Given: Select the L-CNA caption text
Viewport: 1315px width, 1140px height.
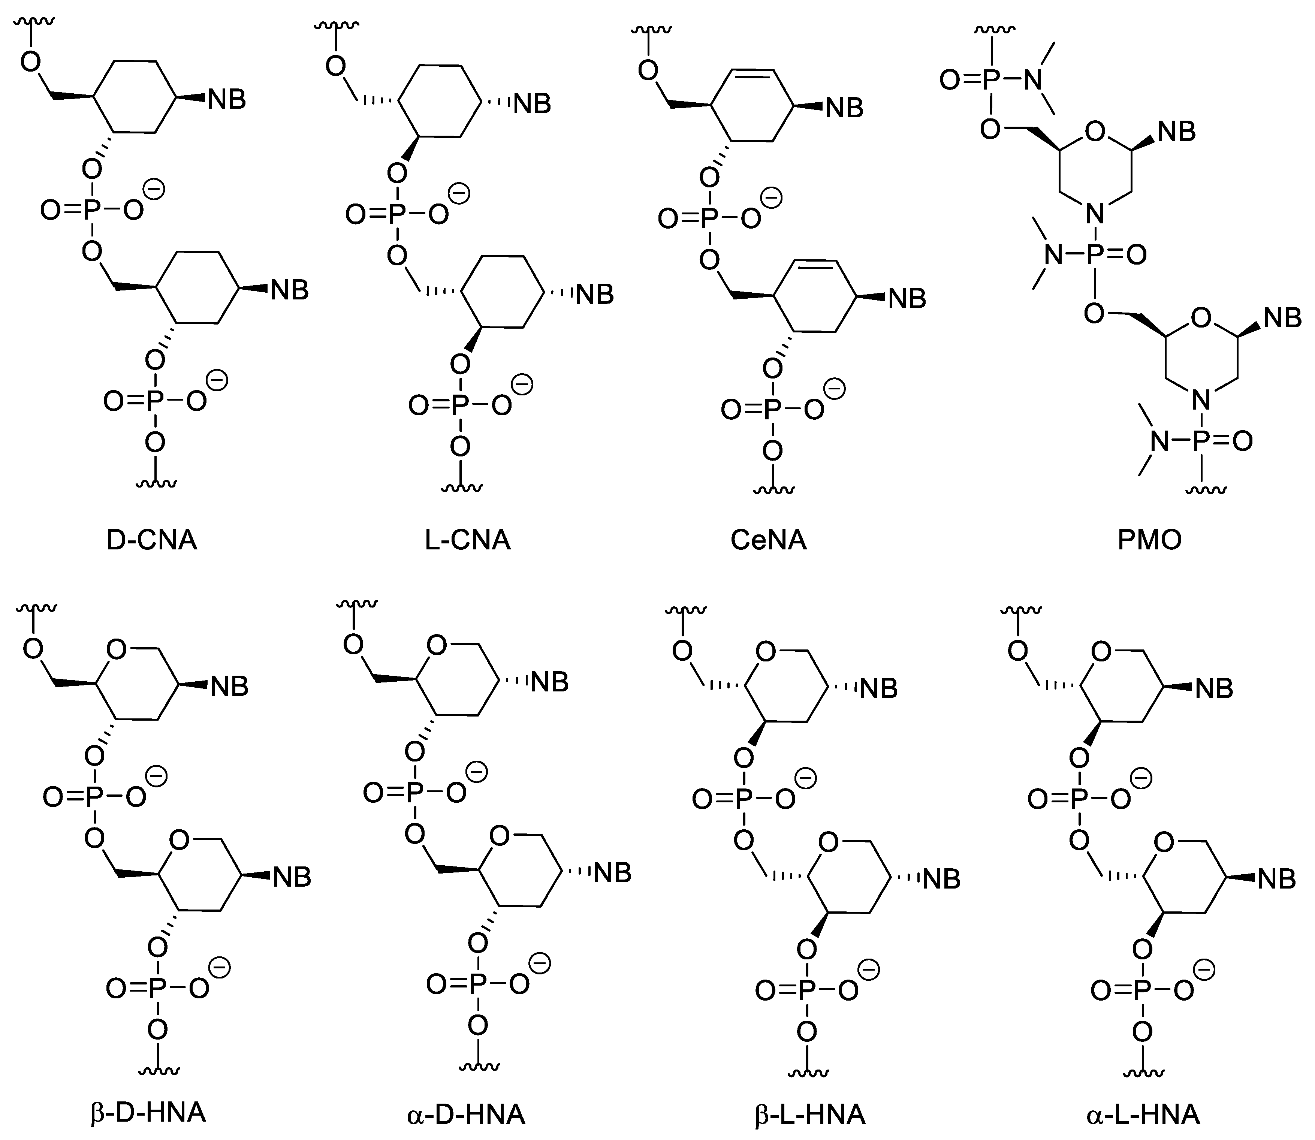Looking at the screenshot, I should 468,540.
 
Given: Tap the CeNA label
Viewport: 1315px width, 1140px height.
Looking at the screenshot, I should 769,540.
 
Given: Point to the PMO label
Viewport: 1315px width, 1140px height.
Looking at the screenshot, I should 1150,540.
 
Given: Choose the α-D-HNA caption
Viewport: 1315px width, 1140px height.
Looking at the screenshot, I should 466,1115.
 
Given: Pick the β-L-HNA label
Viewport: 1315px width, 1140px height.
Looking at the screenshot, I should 810,1115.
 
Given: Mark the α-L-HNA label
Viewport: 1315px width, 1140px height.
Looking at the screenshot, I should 1143,1115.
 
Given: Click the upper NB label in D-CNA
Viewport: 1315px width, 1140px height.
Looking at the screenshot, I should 227,100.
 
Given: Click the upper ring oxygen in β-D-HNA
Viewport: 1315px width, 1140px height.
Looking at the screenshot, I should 117,649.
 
